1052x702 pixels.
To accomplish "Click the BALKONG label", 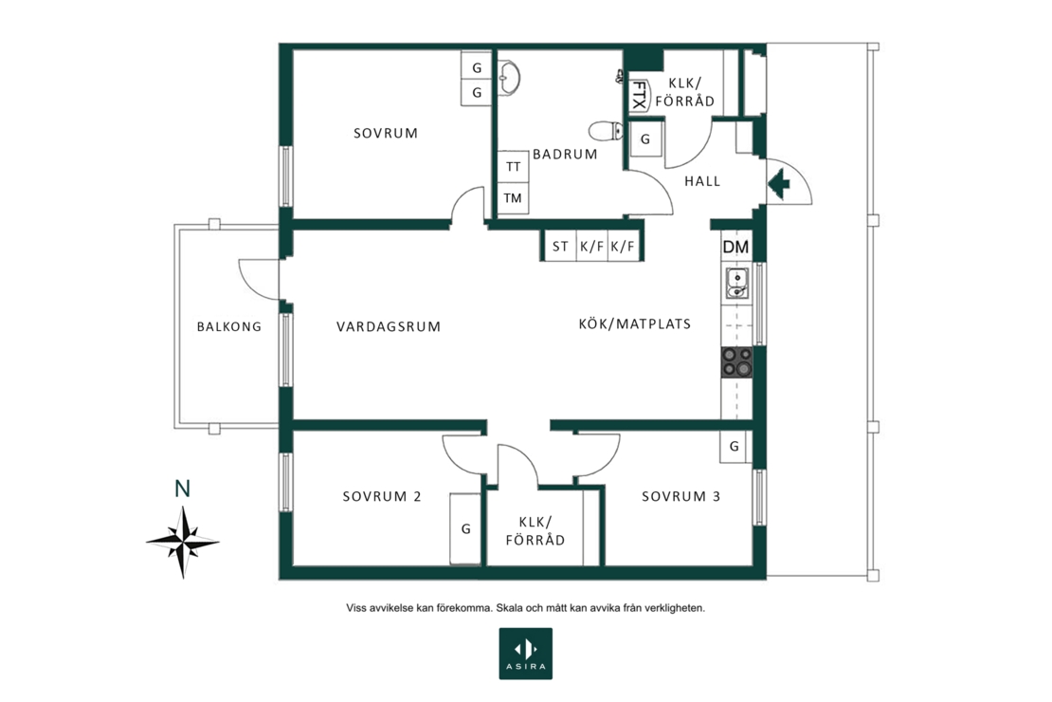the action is (x=228, y=326).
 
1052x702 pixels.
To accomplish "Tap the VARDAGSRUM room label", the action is (x=389, y=326).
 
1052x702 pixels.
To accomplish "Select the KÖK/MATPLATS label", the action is (x=635, y=323).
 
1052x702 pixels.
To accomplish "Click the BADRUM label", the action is (x=565, y=154).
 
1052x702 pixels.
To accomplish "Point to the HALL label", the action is (x=702, y=180).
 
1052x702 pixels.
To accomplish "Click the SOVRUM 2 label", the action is (x=382, y=496).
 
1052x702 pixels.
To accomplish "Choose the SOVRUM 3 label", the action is (x=681, y=496).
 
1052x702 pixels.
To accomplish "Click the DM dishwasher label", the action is (x=735, y=248).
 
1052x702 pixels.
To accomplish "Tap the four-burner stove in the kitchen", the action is (x=736, y=361).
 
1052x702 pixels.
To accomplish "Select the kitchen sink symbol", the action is (x=736, y=283).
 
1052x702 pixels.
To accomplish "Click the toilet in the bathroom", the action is (x=607, y=130).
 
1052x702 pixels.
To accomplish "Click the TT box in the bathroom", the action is (x=514, y=166).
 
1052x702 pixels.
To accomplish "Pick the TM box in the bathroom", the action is (x=514, y=198).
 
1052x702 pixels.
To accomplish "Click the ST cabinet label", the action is (x=560, y=247).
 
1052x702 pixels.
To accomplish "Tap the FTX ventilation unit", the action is (x=639, y=96).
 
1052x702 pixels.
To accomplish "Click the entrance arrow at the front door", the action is (x=779, y=183).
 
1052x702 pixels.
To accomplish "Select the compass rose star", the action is (x=183, y=542).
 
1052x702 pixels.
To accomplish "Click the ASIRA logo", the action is (x=525, y=654).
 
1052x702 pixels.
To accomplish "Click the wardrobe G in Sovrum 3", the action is (x=734, y=446).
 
